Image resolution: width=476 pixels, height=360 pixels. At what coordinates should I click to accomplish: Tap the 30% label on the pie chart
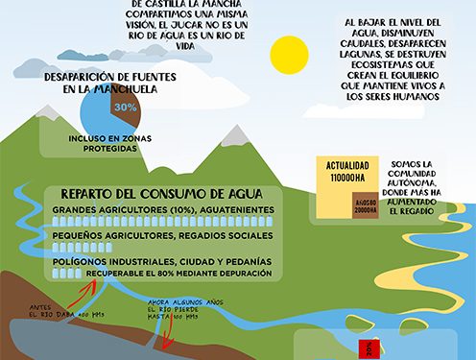(x=125, y=108)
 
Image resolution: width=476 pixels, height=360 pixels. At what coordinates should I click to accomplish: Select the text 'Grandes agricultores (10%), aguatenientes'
(x=162, y=208)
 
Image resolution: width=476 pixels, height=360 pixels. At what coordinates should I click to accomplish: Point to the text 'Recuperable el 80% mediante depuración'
(x=178, y=274)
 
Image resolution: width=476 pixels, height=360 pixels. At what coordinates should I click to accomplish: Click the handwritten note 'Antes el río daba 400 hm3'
(x=65, y=311)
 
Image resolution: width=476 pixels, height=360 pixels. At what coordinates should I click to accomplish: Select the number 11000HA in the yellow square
(x=342, y=178)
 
